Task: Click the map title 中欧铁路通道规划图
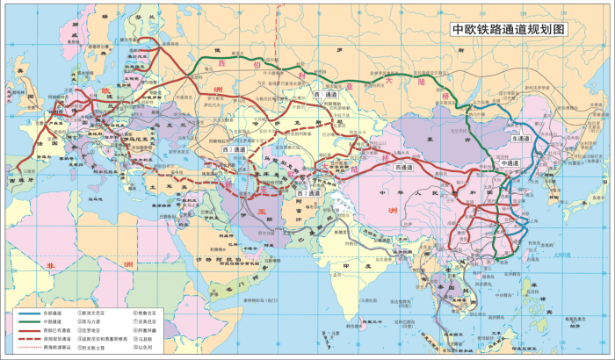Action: (x=509, y=29)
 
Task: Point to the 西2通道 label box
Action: (x=233, y=150)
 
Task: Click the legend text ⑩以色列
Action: (x=146, y=347)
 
